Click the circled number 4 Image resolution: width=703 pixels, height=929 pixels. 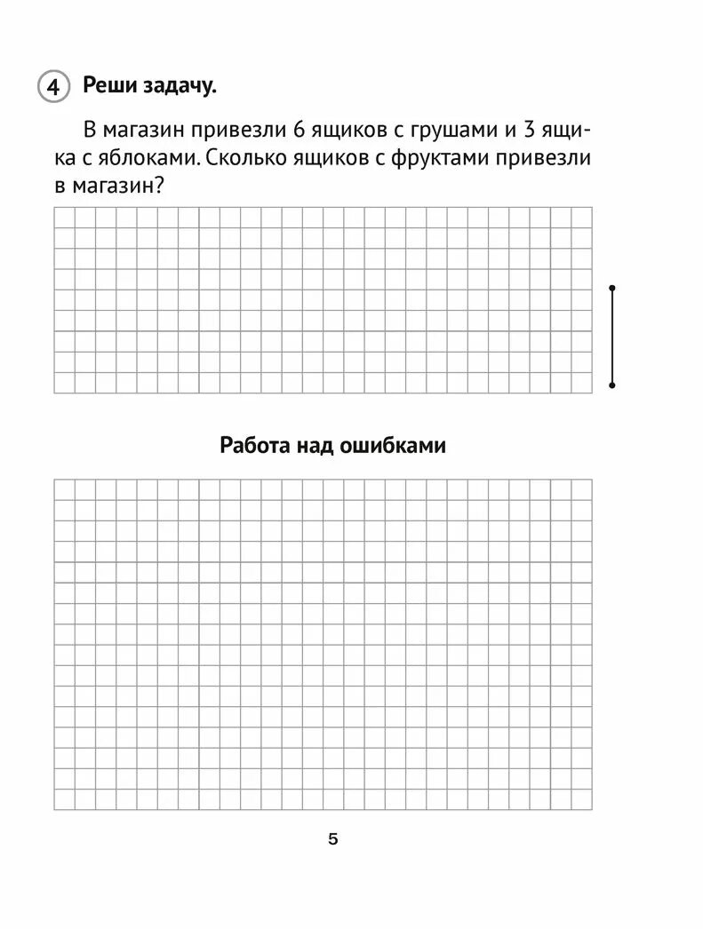pyautogui.click(x=52, y=87)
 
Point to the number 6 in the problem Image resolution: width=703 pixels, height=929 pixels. pyautogui.click(x=299, y=131)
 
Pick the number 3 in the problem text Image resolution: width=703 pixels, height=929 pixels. pyautogui.click(x=530, y=131)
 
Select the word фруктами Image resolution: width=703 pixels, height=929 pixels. pyautogui.click(x=443, y=159)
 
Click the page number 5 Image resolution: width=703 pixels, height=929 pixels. pyautogui.click(x=333, y=839)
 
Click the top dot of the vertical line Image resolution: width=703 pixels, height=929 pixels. pyautogui.click(x=612, y=288)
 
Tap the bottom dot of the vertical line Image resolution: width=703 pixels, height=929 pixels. pyautogui.click(x=612, y=385)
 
